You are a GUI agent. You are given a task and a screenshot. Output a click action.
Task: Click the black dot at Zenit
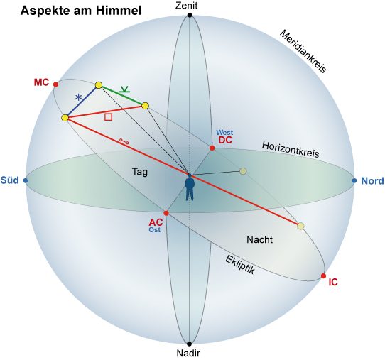(190, 15)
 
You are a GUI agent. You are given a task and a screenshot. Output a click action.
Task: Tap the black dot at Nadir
(190, 344)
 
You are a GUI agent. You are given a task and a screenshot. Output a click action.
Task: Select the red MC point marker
(55, 84)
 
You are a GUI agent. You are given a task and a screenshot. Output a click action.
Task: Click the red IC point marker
(323, 276)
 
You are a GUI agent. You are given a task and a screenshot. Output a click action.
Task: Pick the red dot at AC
(166, 213)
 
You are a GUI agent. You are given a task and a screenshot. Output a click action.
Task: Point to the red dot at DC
(212, 148)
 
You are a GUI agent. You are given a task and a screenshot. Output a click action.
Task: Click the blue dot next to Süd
(26, 181)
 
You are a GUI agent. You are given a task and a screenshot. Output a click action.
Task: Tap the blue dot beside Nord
(354, 181)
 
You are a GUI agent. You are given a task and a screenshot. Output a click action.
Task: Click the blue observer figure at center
(190, 187)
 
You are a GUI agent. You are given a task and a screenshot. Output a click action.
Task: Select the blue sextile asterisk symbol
(78, 98)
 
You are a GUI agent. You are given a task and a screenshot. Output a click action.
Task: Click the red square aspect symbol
(108, 117)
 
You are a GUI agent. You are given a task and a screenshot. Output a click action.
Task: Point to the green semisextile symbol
(124, 89)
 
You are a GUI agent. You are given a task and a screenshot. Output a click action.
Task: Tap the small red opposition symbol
(124, 141)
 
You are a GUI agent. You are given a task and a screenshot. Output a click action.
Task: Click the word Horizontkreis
(291, 149)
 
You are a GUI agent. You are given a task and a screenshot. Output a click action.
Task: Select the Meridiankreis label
(303, 52)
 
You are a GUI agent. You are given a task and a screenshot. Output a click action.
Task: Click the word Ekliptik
(240, 265)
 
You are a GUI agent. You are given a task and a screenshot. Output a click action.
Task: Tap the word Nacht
(259, 239)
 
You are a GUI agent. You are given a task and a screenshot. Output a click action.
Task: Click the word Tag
(140, 172)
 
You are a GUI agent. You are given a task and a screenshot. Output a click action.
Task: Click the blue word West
(224, 133)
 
